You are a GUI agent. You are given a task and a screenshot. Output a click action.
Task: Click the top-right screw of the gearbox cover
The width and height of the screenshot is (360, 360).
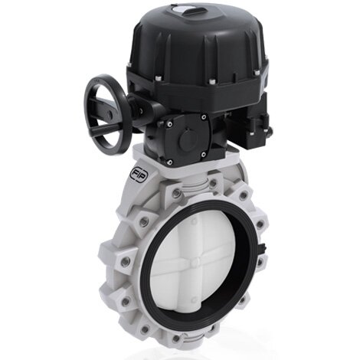coord(204,116)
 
